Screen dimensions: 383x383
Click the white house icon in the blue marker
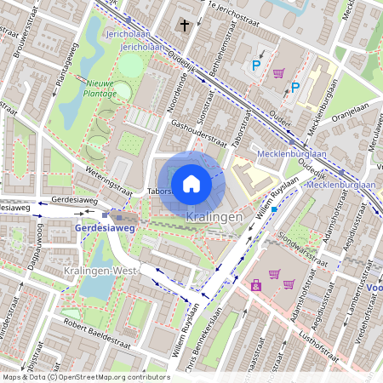(x=191, y=184)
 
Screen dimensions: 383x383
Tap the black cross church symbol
(x=185, y=26)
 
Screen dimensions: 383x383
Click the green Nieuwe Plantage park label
(x=100, y=89)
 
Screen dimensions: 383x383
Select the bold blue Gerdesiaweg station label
(x=105, y=229)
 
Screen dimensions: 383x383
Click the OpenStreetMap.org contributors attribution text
(x=114, y=376)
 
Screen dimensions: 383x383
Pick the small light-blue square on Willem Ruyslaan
(x=274, y=208)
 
